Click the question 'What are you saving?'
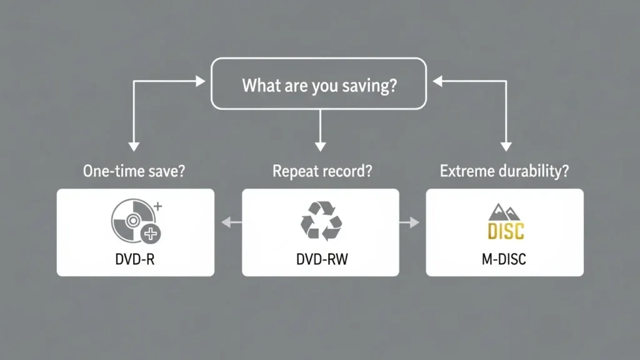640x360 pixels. (319, 85)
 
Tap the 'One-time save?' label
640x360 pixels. (134, 171)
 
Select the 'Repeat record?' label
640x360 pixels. (319, 171)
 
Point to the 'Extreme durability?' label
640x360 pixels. (504, 171)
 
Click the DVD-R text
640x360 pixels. (135, 259)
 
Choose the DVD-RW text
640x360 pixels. (321, 259)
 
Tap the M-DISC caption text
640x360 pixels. (504, 259)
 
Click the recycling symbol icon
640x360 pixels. (321, 221)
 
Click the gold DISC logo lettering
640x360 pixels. (505, 231)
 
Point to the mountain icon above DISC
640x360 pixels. (505, 211)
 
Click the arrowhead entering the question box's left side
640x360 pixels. (200, 81)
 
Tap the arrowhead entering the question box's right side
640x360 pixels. (438, 81)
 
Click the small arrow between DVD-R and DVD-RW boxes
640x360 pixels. (228, 221)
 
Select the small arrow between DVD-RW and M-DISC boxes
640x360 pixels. (412, 221)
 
